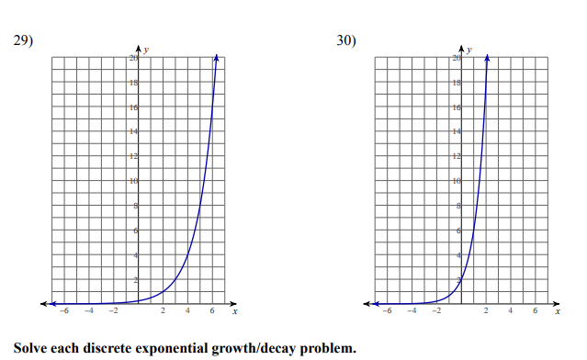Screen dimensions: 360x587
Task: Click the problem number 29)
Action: [x=22, y=40]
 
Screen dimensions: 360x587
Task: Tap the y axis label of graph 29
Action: [x=147, y=48]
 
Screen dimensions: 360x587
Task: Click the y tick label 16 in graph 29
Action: [x=135, y=107]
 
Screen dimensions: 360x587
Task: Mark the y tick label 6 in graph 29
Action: [x=137, y=230]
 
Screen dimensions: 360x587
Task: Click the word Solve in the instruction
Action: [x=30, y=348]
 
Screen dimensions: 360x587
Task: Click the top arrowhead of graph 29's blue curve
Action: [x=217, y=57]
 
